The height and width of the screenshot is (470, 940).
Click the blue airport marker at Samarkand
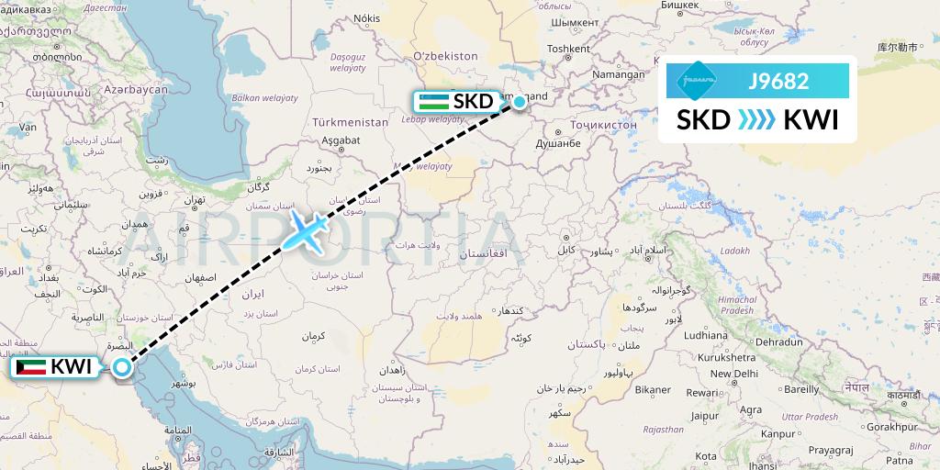coord(520,102)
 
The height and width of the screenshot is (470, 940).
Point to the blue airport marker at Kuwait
coord(122,367)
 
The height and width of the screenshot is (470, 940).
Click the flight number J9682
coord(778,82)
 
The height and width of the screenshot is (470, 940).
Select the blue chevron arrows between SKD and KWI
coord(757,120)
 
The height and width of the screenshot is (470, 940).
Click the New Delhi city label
coord(733,374)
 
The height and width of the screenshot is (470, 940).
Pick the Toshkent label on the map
coord(567,49)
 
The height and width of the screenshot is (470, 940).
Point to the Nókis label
coord(366,18)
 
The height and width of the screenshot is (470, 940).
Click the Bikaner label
coord(654,389)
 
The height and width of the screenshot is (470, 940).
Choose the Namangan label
coord(619,74)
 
